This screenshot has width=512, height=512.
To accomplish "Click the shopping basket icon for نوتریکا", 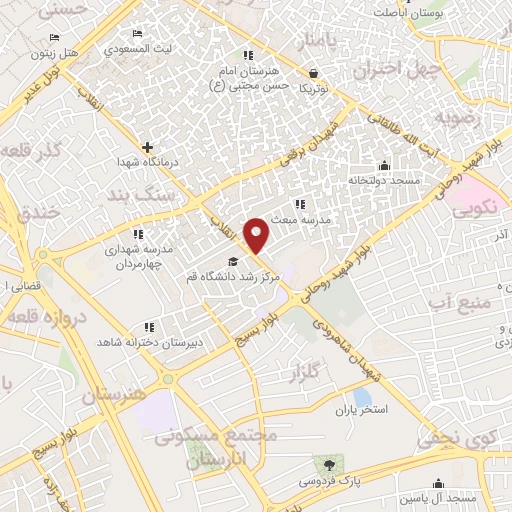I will point(314,73).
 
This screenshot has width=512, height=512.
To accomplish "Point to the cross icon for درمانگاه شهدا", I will point(147,147).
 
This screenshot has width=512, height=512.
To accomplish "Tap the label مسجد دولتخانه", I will point(384,181).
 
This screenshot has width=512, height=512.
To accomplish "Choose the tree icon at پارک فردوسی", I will point(325,464).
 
